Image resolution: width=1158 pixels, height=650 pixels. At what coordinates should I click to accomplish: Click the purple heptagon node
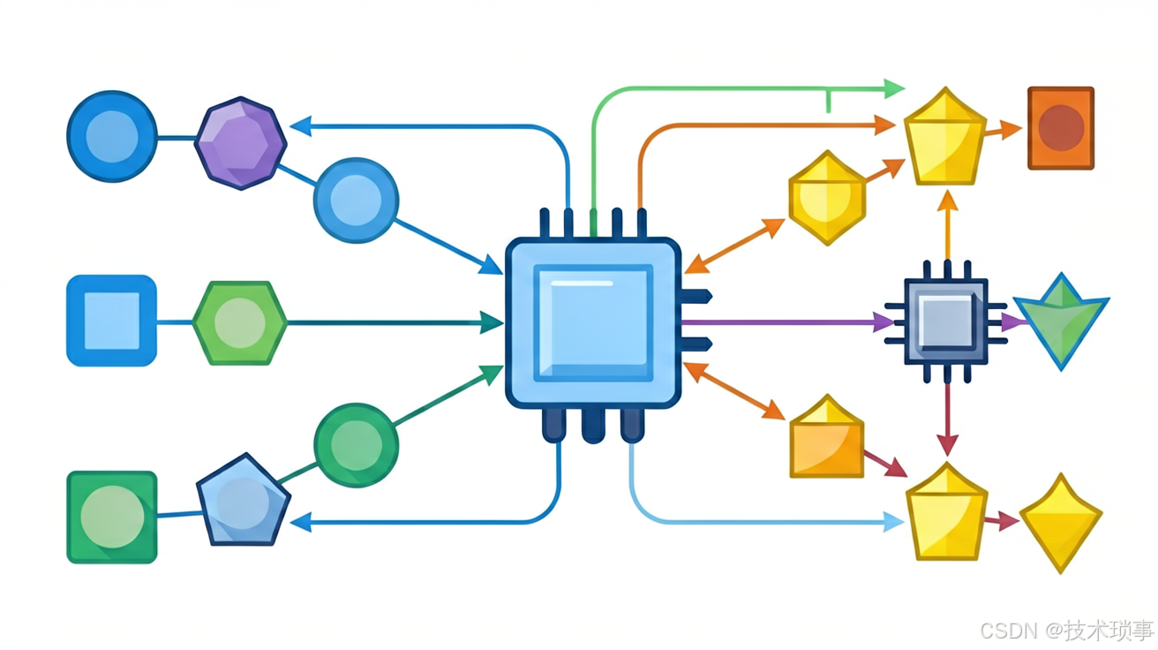coord(240,143)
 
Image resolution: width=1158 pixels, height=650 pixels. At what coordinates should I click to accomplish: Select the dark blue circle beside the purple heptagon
coord(112,137)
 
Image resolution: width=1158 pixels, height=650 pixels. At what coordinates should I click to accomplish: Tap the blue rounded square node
coord(112,321)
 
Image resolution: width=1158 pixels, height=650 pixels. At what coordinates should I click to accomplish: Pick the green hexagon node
coord(240,323)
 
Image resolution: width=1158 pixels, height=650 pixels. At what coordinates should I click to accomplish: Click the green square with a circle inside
coord(112,518)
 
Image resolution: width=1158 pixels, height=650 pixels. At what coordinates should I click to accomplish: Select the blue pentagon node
coord(244,501)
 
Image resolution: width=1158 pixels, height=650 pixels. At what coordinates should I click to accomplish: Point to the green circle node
coord(357,445)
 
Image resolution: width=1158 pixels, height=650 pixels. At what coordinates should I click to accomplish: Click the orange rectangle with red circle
coord(1061,128)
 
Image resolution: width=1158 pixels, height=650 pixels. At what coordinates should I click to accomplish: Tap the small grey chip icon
coord(946,321)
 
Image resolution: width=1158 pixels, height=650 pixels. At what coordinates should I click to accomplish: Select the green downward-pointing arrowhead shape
coord(1061,321)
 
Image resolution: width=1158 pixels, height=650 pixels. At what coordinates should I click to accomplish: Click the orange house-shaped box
coord(827,436)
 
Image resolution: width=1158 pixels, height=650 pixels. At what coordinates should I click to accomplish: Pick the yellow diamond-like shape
coord(1061,523)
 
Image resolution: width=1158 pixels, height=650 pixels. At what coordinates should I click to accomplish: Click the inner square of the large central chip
coord(593,323)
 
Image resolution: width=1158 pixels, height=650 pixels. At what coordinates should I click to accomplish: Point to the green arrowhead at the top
coord(894,89)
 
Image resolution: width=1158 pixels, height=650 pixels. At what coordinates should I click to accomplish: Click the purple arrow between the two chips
coord(787,322)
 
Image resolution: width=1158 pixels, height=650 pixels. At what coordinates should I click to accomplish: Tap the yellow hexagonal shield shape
coord(827,198)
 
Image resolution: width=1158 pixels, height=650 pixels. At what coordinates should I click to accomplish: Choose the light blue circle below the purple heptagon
coord(357,200)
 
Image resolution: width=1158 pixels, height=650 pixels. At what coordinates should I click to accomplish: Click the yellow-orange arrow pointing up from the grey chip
coord(948,225)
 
